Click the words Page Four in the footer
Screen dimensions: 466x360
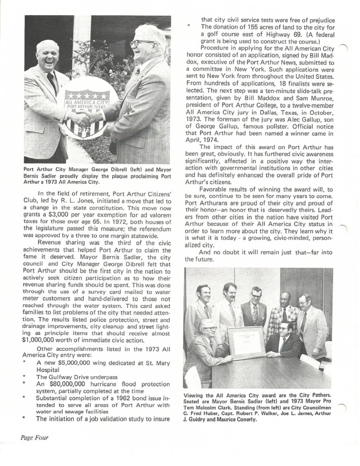click(35, 438)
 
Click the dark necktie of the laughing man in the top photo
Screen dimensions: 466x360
click(52, 82)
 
